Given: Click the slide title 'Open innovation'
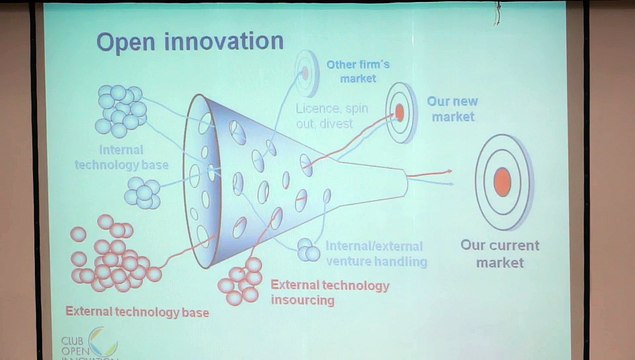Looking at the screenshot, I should point(190,42).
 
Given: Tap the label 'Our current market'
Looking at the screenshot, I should point(499,254).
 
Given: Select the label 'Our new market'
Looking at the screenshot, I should point(450,109).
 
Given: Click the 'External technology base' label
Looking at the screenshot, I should point(138,312).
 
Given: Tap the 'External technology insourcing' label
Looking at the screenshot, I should point(331,292).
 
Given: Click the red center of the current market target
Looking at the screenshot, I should point(502,181).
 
